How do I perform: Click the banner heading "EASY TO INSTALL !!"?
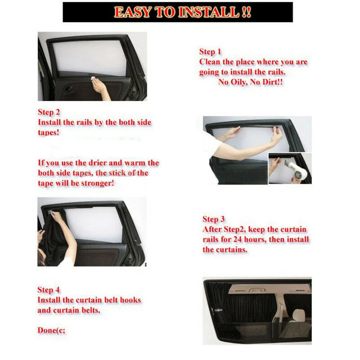pos(183,12)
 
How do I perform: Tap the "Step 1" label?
pos(210,52)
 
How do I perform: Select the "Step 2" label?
pos(49,112)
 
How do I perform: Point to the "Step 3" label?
pos(213,219)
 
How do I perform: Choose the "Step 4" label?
pos(49,290)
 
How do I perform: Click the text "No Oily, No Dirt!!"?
pos(251,82)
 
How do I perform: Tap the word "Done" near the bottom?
pos(47,330)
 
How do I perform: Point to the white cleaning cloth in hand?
pos(93,78)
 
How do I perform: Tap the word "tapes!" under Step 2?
pos(49,133)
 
